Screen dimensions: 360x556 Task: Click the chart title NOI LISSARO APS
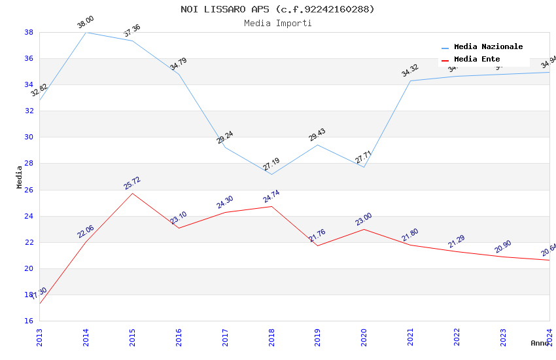click(x=277, y=9)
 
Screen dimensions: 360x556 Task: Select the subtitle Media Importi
click(x=277, y=23)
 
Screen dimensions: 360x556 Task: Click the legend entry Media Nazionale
click(x=488, y=47)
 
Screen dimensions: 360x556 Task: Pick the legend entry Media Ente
click(x=477, y=60)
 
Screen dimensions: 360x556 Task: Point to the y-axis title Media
click(x=20, y=177)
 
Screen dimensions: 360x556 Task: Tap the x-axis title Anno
click(x=540, y=343)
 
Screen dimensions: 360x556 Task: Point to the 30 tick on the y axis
click(x=29, y=137)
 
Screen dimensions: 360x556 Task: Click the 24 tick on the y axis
click(x=29, y=216)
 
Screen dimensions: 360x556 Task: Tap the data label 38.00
click(x=86, y=23)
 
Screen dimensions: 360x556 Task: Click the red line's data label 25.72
click(x=132, y=183)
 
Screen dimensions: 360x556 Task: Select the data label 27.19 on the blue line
click(x=271, y=164)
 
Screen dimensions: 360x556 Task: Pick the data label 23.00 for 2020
click(x=364, y=219)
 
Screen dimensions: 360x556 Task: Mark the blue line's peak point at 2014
click(x=86, y=32)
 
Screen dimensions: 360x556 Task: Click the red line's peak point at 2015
click(x=132, y=193)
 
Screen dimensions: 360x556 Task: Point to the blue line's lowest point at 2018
click(x=271, y=174)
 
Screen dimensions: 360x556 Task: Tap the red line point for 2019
click(x=317, y=245)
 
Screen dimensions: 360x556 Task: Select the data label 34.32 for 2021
click(x=410, y=71)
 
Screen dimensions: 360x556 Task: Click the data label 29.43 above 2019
click(x=317, y=135)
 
